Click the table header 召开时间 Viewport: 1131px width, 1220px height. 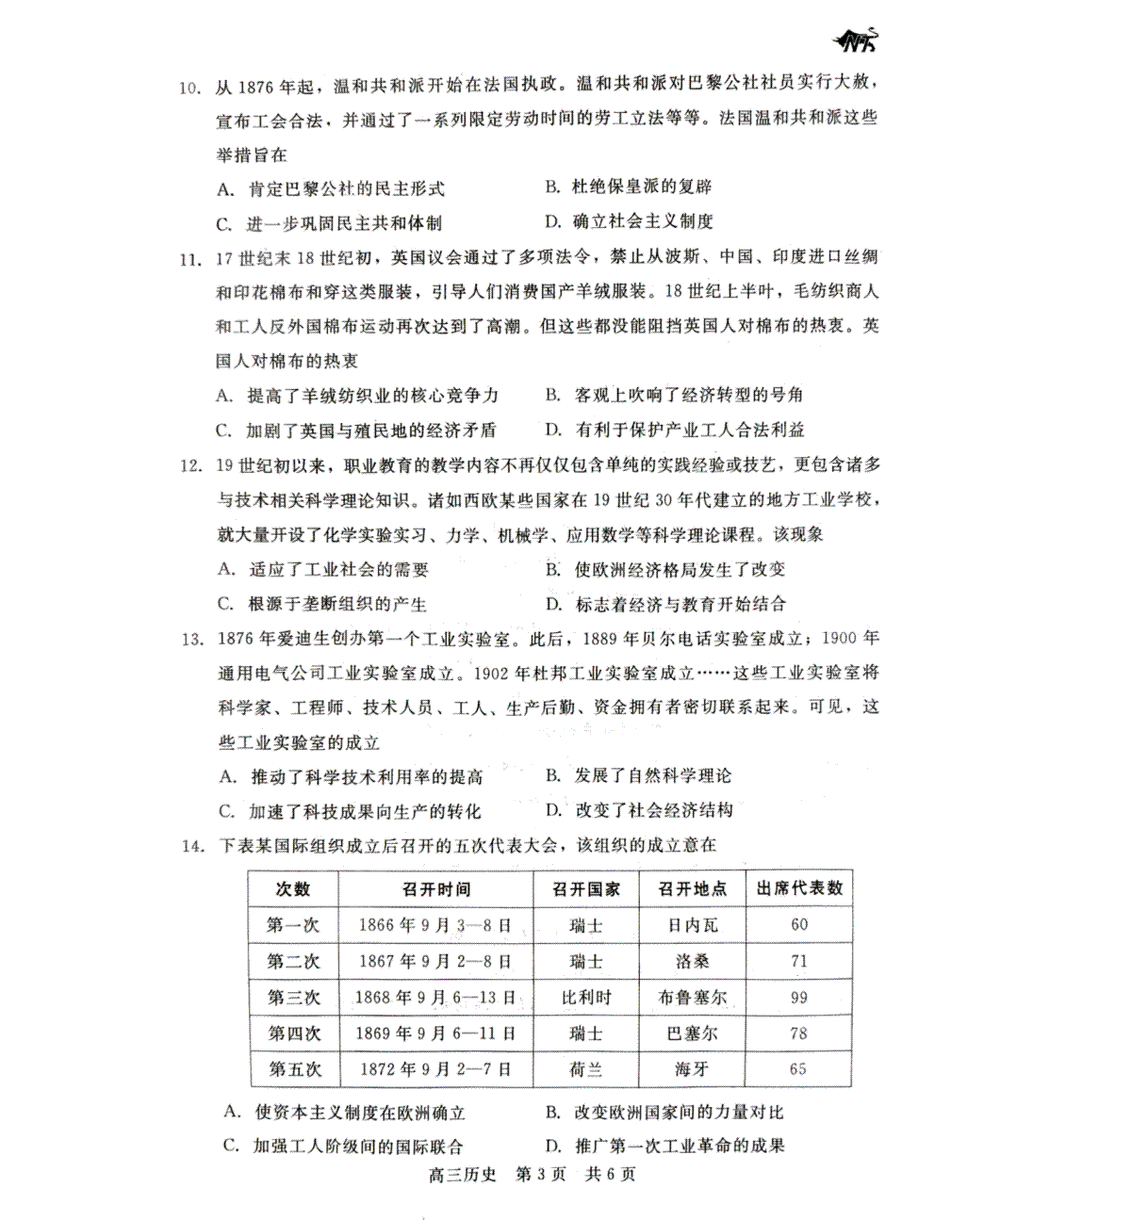pyautogui.click(x=436, y=888)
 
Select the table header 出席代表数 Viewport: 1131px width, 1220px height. pyautogui.click(x=799, y=888)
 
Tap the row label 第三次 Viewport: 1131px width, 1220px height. pyautogui.click(x=294, y=997)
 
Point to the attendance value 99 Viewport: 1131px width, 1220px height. pyautogui.click(x=799, y=997)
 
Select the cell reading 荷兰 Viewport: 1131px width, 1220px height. pyautogui.click(x=586, y=1069)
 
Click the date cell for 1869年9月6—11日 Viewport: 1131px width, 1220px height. pyautogui.click(x=436, y=1033)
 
